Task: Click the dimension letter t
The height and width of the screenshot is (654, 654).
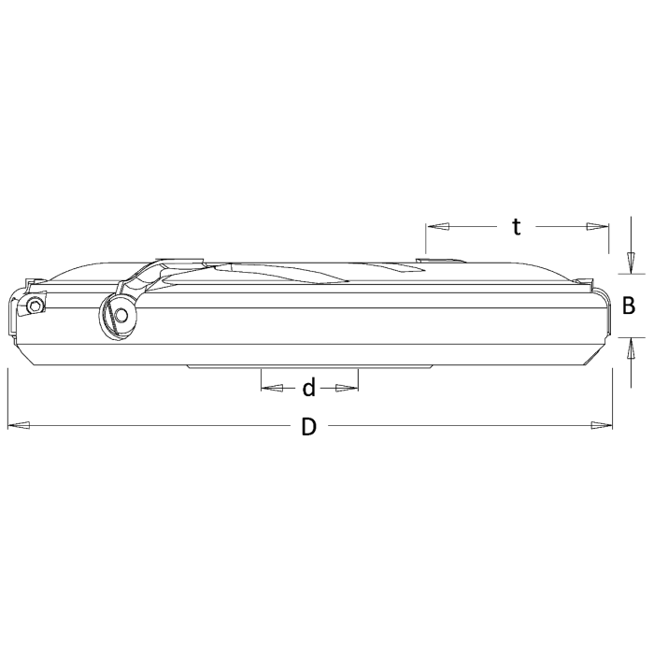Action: coord(516,226)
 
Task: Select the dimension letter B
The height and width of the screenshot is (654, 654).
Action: coord(629,306)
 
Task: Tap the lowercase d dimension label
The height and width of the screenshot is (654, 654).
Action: coord(309,387)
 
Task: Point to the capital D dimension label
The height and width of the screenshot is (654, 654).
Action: coord(309,427)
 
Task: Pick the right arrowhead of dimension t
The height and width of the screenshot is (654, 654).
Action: coord(598,226)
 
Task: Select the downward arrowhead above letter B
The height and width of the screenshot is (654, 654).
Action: coord(629,262)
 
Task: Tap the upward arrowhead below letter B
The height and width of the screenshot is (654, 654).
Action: coord(629,349)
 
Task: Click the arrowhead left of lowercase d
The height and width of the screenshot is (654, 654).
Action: coord(272,387)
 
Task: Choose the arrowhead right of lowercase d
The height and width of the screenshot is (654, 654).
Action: coord(348,387)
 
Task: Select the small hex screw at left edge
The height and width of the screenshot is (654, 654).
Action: coord(35,306)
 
